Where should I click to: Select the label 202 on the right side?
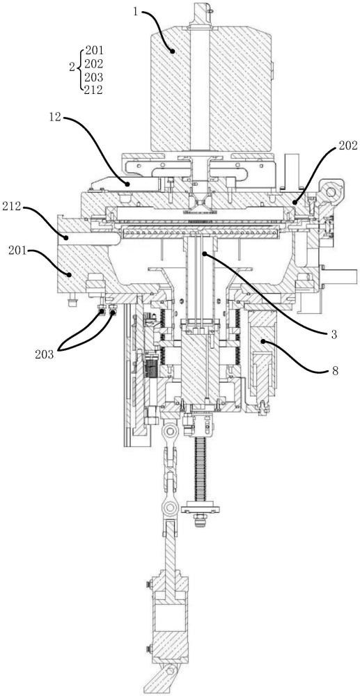pyautogui.click(x=347, y=147)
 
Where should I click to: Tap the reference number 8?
pyautogui.click(x=334, y=371)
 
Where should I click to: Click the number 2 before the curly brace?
pyautogui.click(x=72, y=67)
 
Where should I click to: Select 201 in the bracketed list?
pyautogui.click(x=94, y=49)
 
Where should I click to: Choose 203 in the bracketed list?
pyautogui.click(x=94, y=77)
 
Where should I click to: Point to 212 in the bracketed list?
pyautogui.click(x=94, y=90)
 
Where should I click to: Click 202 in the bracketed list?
pyautogui.click(x=94, y=63)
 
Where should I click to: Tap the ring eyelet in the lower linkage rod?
pyautogui.click(x=170, y=507)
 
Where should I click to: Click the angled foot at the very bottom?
pyautogui.click(x=164, y=678)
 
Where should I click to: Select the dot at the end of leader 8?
pyautogui.click(x=263, y=341)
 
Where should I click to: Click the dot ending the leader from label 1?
pyautogui.click(x=174, y=52)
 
